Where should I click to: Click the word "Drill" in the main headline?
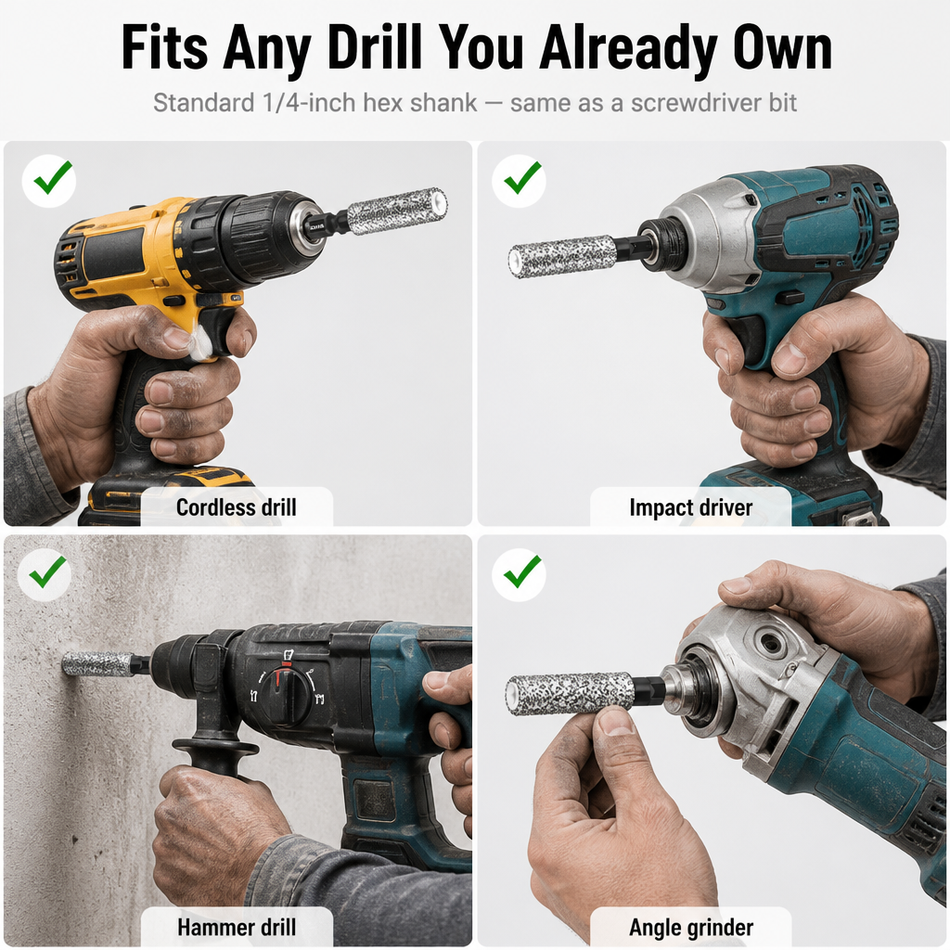(x=375, y=47)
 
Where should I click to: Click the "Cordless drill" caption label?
(x=237, y=507)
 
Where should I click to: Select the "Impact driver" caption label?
(x=690, y=507)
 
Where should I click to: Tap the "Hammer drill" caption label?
(x=237, y=927)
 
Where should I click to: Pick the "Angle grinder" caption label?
(x=690, y=927)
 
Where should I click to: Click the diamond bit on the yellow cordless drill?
(x=397, y=211)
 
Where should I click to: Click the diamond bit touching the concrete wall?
(x=96, y=664)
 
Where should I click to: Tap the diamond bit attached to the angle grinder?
(x=571, y=693)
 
